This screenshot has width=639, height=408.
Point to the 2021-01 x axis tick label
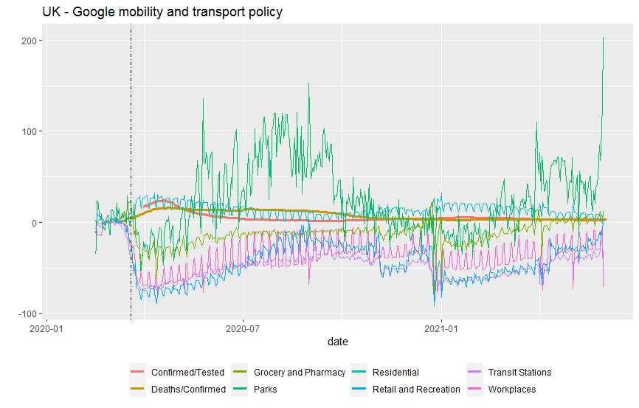(x=441, y=328)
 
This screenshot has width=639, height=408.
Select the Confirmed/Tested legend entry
(x=187, y=373)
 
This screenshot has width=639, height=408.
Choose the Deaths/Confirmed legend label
(x=188, y=389)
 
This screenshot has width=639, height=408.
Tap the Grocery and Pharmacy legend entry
(x=299, y=373)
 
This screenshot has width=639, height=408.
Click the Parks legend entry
(x=266, y=389)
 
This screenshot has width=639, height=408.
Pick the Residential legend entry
(x=396, y=373)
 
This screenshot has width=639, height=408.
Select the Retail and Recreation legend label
(x=416, y=389)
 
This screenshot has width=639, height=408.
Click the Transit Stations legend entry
(x=519, y=373)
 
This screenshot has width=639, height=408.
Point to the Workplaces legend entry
(x=512, y=389)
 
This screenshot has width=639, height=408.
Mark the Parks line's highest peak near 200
(x=604, y=38)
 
